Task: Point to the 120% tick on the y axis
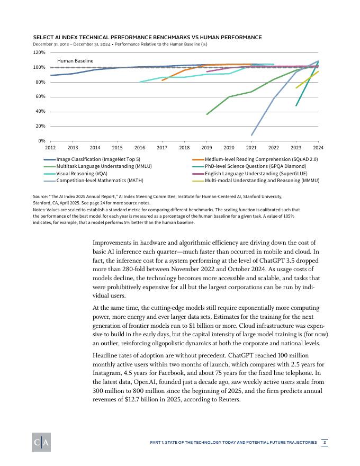pos(39,52)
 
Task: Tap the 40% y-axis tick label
pos(40,111)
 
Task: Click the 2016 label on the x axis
pos(140,148)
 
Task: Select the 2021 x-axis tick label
pos(251,148)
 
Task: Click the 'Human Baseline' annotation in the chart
pos(75,61)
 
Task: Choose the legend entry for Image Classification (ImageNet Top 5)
pos(98,159)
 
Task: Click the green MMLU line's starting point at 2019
pos(207,114)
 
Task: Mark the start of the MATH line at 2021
pos(251,136)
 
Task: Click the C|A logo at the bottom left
pos(41,443)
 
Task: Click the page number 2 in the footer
pos(325,442)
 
